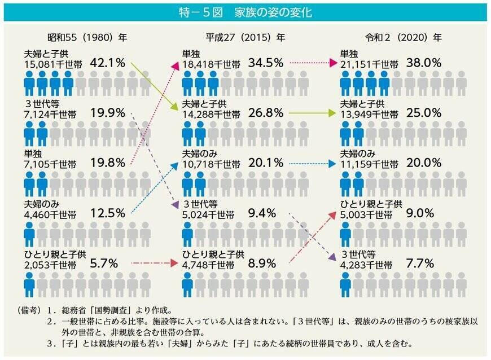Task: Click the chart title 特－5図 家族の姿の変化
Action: click(x=245, y=12)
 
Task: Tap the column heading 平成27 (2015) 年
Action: click(x=245, y=38)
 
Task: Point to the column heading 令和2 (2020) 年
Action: click(x=403, y=38)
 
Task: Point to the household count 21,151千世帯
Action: click(x=366, y=64)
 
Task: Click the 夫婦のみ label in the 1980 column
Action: click(x=37, y=203)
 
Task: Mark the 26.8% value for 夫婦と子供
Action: click(x=265, y=113)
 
